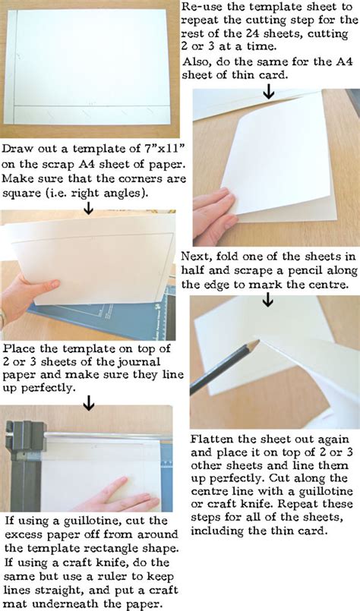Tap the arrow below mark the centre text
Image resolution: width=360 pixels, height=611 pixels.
point(268,299)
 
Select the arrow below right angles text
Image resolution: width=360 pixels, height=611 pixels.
point(89,207)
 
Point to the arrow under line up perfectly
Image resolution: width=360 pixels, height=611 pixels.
point(89,402)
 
